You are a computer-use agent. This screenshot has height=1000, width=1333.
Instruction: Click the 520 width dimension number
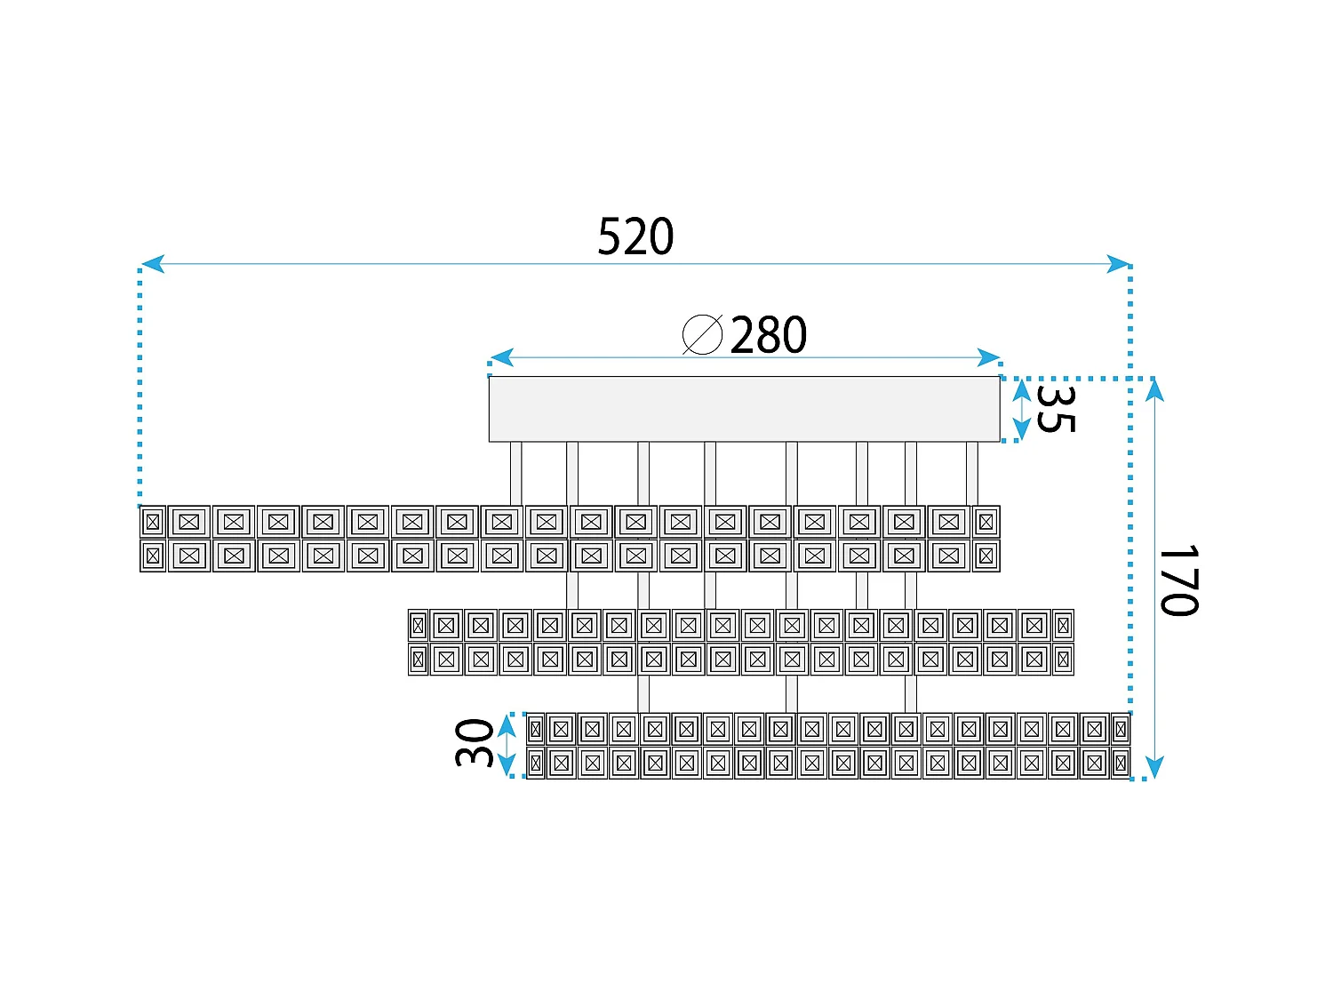point(635,236)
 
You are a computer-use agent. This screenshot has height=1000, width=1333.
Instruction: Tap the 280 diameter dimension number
point(768,334)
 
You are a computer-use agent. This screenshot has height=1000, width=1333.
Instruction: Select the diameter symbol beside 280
point(702,334)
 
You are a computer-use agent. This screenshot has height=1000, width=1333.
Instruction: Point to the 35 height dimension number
point(1056,409)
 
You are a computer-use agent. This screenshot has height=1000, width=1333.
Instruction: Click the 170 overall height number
point(1178,580)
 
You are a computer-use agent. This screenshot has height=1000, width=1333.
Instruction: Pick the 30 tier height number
point(474,743)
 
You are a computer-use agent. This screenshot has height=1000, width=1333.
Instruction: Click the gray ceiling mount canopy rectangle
point(744,409)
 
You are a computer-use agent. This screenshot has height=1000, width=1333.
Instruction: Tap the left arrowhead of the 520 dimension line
point(153,264)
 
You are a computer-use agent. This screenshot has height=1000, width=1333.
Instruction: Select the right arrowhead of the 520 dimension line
point(1118,264)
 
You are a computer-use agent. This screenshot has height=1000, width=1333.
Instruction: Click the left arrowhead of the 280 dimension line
point(501,357)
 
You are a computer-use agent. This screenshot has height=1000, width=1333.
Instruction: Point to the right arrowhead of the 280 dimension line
point(988,357)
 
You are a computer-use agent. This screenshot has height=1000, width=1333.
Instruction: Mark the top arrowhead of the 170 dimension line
point(1154,390)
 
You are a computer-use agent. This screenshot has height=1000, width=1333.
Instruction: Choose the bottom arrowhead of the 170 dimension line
point(1154,767)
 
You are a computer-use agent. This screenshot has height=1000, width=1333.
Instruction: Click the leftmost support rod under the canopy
point(515,474)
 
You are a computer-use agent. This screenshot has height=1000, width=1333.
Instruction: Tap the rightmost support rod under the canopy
point(971,474)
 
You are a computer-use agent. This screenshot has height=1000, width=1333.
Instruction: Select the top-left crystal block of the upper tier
point(153,522)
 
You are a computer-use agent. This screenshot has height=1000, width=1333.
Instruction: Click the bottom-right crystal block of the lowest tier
point(1121,764)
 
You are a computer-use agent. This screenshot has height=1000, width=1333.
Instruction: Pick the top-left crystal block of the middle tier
point(418,626)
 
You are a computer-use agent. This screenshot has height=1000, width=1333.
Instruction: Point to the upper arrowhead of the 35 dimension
point(1021,390)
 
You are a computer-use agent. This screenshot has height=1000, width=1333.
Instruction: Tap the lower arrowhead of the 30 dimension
point(507,764)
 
